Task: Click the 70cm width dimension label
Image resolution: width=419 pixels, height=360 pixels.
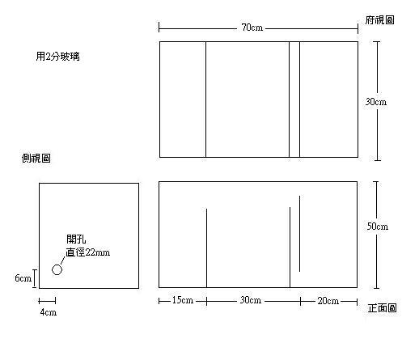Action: pyautogui.click(x=252, y=28)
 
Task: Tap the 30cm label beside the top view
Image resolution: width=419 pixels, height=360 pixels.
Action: pyautogui.click(x=376, y=102)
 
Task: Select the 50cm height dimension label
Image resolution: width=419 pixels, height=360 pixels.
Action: pyautogui.click(x=378, y=226)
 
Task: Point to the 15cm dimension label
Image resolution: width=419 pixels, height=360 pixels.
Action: pyautogui.click(x=183, y=300)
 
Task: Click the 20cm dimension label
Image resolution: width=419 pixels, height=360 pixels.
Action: pyautogui.click(x=328, y=300)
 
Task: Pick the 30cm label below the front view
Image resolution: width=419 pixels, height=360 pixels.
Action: pyautogui.click(x=251, y=300)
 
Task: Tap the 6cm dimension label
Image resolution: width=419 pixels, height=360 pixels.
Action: pyautogui.click(x=23, y=277)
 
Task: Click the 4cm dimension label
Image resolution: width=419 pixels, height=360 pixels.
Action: pyautogui.click(x=49, y=312)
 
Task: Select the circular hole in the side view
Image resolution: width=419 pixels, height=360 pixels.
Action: pyautogui.click(x=57, y=269)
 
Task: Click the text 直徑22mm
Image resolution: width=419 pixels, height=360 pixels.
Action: pyautogui.click(x=88, y=252)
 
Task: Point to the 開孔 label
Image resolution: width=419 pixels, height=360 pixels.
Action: pyautogui.click(x=76, y=239)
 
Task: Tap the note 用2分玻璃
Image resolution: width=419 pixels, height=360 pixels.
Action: pyautogui.click(x=58, y=57)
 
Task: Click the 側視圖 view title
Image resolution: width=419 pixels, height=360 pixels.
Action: pyautogui.click(x=36, y=158)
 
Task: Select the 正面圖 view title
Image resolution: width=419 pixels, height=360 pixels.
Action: pyautogui.click(x=382, y=307)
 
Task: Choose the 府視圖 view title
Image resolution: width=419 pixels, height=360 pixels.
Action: pyautogui.click(x=379, y=19)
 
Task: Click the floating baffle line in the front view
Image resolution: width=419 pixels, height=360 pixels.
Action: pyautogui.click(x=299, y=234)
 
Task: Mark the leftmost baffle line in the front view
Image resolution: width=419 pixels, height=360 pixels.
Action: pyautogui.click(x=206, y=248)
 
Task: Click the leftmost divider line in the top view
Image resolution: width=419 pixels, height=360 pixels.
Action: pyautogui.click(x=205, y=100)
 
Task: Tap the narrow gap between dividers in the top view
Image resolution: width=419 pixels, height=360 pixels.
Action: pyautogui.click(x=294, y=100)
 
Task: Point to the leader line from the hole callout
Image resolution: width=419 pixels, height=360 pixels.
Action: pyautogui.click(x=62, y=260)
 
